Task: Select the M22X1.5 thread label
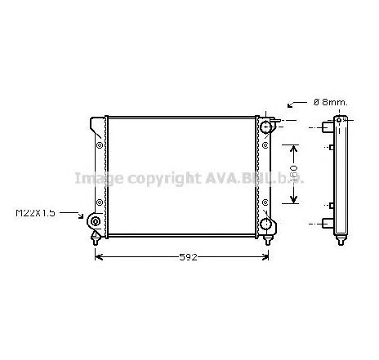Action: tap(35, 213)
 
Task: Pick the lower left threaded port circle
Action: tap(96, 223)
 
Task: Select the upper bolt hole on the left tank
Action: tap(100, 148)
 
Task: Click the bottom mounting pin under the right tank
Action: tap(270, 238)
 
